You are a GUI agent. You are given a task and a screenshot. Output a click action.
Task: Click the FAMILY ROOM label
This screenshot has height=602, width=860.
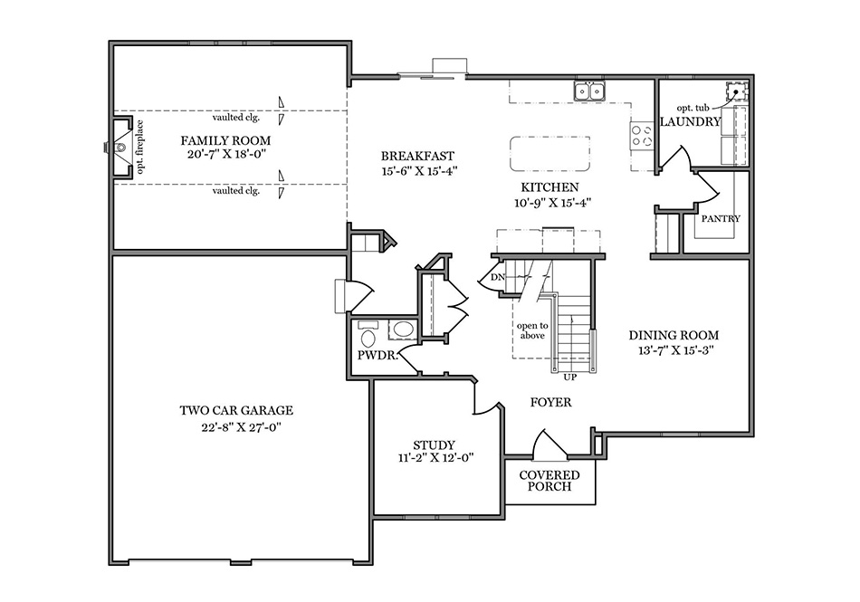(225, 140)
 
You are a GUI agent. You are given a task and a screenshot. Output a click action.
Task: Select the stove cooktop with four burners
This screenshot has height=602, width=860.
(642, 137)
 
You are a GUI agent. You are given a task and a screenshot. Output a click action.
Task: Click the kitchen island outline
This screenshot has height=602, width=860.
(549, 154)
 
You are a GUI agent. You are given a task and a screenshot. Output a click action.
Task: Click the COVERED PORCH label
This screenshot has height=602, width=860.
(549, 481)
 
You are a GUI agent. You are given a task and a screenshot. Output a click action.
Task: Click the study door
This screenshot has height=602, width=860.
(489, 399)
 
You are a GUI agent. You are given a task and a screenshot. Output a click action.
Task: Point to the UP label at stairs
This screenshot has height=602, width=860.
(569, 376)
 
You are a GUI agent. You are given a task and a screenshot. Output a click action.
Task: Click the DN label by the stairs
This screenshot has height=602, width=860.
(497, 277)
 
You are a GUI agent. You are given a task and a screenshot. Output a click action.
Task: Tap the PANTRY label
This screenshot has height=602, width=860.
(721, 219)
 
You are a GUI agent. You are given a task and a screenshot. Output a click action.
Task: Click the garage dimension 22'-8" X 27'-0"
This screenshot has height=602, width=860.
(236, 427)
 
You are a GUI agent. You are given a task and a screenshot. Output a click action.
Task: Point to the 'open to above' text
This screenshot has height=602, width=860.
(531, 330)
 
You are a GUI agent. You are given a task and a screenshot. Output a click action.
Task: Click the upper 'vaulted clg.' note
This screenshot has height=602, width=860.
(236, 117)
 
